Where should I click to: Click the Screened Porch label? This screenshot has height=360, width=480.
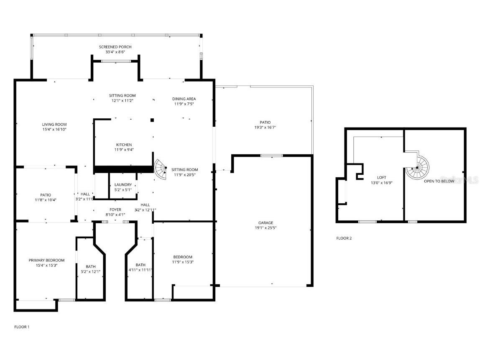[115, 47]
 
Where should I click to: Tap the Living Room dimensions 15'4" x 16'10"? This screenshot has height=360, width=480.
[54, 130]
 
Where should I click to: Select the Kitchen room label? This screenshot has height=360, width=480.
[124, 145]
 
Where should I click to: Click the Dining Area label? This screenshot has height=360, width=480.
[184, 99]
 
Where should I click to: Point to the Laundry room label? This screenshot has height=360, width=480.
[123, 185]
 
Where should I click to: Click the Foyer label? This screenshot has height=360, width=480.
[115, 209]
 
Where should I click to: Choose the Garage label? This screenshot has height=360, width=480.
[265, 223]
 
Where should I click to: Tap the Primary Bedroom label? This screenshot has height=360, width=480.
[46, 260]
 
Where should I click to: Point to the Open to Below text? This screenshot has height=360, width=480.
[439, 181]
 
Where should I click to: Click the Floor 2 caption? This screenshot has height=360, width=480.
[344, 238]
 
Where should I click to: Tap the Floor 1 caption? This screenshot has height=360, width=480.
[22, 327]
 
